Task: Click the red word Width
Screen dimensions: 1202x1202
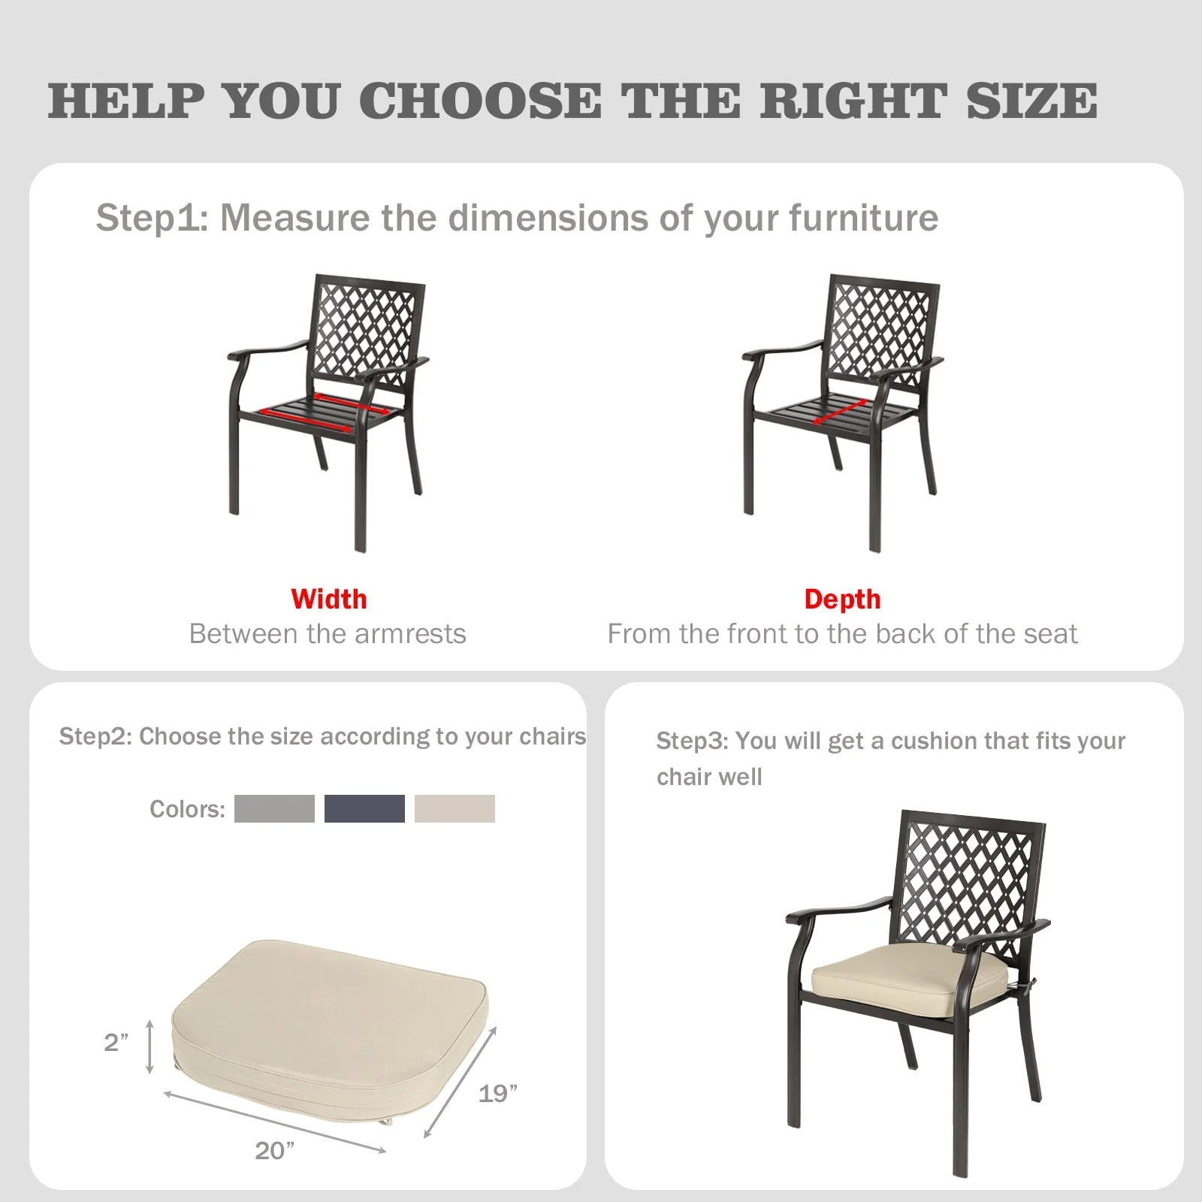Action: [328, 599]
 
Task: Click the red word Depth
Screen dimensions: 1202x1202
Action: [842, 599]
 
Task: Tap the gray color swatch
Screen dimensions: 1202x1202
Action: [274, 808]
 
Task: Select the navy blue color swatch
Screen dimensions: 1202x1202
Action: [364, 808]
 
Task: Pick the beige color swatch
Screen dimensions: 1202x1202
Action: [455, 808]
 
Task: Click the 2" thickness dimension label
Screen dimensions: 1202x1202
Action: [116, 1042]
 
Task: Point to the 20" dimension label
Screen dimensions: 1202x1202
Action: [275, 1150]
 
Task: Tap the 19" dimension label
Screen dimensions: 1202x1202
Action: [498, 1093]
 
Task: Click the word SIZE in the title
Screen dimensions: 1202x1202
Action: [1031, 101]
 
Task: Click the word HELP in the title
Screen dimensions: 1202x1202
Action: [126, 101]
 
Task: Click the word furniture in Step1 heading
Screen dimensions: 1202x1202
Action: [863, 218]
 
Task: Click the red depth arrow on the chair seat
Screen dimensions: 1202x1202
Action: [840, 411]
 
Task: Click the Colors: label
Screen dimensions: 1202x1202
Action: [187, 809]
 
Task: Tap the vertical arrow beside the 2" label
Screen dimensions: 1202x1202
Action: [150, 1046]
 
